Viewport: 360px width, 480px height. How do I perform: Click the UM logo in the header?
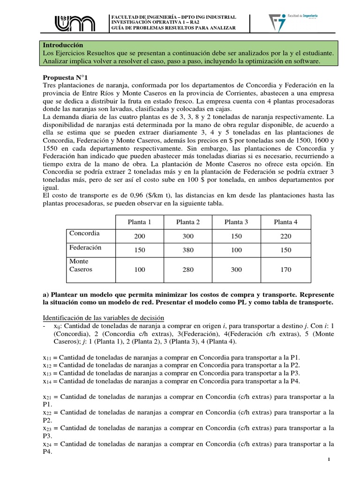click(75, 23)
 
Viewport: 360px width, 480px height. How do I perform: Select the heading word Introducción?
click(63, 45)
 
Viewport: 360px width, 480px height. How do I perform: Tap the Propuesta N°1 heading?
click(65, 77)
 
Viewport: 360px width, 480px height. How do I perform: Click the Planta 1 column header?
click(140, 222)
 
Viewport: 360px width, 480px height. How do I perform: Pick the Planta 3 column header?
click(236, 222)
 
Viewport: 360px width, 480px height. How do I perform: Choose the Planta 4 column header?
click(285, 222)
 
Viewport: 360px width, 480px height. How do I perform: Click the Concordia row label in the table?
click(84, 233)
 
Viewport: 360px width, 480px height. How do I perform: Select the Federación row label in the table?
click(85, 247)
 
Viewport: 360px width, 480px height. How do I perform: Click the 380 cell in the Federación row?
click(188, 250)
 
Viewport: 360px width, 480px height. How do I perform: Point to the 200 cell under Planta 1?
click(140, 236)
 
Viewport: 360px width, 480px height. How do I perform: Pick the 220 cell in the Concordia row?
click(285, 236)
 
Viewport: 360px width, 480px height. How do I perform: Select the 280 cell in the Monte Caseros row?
click(188, 270)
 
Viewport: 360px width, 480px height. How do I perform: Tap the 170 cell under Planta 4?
click(285, 270)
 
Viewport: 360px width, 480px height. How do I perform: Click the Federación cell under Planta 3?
click(236, 250)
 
